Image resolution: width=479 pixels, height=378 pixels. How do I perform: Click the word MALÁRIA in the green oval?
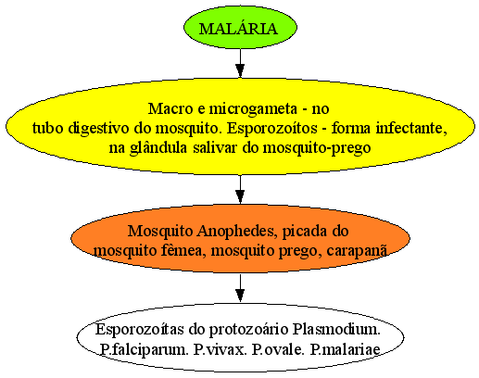238,29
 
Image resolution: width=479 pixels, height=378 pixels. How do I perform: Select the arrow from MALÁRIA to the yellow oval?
240,63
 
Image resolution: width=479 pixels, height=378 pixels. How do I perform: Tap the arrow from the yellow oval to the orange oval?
240,189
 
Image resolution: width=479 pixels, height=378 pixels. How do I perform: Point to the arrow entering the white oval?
240,288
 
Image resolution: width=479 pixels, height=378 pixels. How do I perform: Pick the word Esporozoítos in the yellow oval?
272,129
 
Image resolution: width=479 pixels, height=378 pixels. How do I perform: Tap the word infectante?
411,128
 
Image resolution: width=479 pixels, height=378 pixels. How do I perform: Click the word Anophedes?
236,232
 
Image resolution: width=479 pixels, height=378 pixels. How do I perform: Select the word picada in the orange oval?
305,232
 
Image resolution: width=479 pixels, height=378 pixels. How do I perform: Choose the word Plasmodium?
336,330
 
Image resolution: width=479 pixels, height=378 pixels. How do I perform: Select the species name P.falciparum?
145,350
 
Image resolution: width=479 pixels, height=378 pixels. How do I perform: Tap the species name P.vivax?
221,349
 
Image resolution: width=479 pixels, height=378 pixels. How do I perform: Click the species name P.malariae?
345,349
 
